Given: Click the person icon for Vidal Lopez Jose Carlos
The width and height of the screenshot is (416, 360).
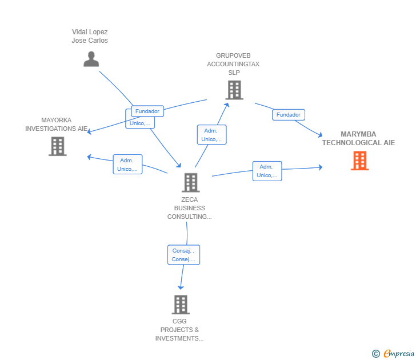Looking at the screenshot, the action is pos(91,59).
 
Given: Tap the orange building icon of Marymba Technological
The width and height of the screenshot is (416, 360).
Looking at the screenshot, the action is pos(360,161).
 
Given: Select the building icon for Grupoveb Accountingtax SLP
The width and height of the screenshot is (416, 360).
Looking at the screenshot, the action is pos(234,90).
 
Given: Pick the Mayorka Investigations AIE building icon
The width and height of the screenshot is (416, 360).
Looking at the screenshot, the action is pos(58,146).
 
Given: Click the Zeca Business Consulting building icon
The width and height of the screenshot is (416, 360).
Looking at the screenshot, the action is pos(191,182).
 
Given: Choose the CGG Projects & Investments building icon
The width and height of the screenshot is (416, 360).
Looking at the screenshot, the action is pos(181,305).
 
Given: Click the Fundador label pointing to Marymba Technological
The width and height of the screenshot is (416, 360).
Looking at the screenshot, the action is pos(289,115).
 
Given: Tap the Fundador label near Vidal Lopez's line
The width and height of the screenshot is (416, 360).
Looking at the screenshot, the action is pos(147,111).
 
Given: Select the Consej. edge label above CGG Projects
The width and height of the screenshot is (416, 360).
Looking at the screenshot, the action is pos(183,255).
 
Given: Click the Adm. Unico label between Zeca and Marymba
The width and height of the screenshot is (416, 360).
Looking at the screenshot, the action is pos(267,171).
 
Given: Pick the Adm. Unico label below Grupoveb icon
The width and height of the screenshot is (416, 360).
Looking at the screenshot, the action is pos(211,135).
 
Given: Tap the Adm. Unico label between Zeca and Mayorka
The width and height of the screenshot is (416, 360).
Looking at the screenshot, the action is pos(127,165).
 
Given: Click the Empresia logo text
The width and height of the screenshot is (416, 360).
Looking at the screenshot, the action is pos(399,353).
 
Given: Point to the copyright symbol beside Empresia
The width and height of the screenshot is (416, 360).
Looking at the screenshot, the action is pos(375,354).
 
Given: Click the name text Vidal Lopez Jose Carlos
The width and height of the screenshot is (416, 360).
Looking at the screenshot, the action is pos(90,36).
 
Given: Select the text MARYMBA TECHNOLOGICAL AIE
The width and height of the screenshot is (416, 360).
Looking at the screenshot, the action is pos(358,138).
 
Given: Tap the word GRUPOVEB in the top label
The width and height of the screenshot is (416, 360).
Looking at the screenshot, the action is pos(233,55).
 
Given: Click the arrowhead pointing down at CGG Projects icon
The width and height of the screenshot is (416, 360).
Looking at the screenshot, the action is pos(181,287).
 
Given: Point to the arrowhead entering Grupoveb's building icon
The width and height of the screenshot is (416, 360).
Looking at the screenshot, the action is pos(227,105).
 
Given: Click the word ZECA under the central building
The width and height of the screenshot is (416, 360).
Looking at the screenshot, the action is pos(190,199).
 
